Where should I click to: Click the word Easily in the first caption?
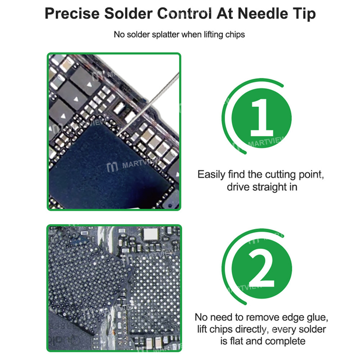click(212, 175)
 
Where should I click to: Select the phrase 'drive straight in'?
click(262, 187)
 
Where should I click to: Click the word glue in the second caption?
click(318, 318)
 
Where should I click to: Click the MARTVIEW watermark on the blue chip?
click(126, 167)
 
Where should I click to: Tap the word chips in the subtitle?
click(235, 35)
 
